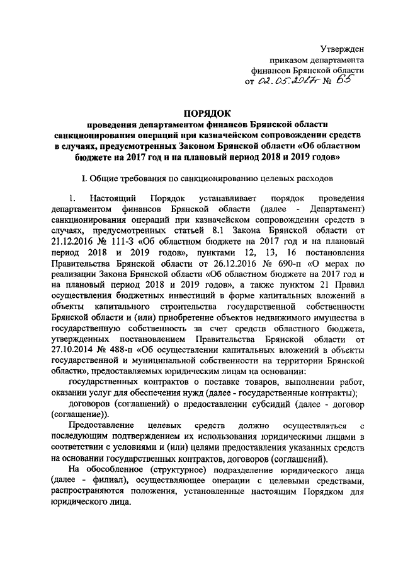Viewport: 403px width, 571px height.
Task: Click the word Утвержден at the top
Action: pyautogui.click(x=343, y=48)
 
